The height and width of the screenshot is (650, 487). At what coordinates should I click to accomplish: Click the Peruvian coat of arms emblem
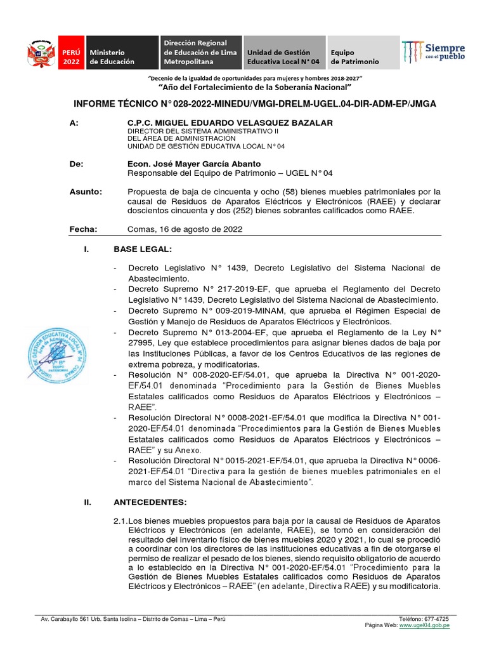point(40,53)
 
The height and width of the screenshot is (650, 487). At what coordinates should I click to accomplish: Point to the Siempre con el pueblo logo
point(434,52)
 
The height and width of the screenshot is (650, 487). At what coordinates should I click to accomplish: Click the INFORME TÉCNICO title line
point(255,103)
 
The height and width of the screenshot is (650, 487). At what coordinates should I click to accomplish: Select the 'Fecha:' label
point(82,229)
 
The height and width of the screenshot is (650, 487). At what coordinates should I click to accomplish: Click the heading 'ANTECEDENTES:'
point(150,502)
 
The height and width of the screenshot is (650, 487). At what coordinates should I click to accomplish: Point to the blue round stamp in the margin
point(53,352)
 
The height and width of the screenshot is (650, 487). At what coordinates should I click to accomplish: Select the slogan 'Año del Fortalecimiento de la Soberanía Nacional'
point(255,86)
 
